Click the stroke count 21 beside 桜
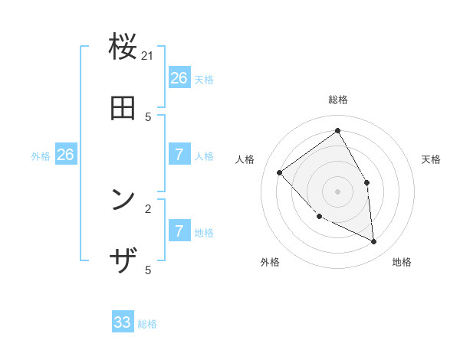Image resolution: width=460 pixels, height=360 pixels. [x=148, y=56]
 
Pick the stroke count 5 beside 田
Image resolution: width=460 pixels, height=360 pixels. [x=148, y=117]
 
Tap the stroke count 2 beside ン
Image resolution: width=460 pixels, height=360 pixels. [x=148, y=208]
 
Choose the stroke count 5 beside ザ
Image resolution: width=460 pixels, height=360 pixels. [x=148, y=270]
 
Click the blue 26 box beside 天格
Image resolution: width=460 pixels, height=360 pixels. [x=179, y=77]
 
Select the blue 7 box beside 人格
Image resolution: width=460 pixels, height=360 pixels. [x=179, y=154]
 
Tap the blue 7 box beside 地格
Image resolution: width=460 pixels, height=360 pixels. [x=179, y=231]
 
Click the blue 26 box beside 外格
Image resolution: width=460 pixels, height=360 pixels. [x=65, y=154]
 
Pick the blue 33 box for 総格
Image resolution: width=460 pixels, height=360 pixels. [x=123, y=322]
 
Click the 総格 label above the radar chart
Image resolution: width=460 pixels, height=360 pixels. [x=338, y=100]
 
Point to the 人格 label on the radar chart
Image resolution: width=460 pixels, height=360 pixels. [x=245, y=159]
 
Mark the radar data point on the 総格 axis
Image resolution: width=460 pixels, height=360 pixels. [x=338, y=130]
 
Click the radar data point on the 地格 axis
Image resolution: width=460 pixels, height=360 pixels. [x=374, y=242]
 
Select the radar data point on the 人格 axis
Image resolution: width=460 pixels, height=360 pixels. [x=280, y=172]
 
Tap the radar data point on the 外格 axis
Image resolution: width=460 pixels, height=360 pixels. [x=320, y=217]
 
